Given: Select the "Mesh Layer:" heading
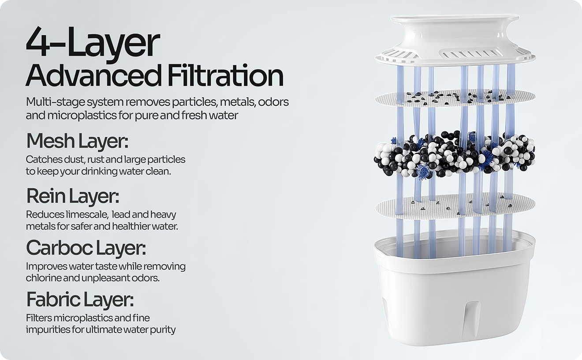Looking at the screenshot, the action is pyautogui.click(x=77, y=141).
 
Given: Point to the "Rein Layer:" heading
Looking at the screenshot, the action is pyautogui.click(x=72, y=196).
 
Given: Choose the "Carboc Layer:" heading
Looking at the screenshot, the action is pyautogui.click(x=86, y=248).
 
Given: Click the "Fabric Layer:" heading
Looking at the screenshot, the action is pyautogui.click(x=80, y=300).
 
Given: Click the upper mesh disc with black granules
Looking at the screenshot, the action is pyautogui.click(x=455, y=98).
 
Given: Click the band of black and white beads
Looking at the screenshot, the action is pyautogui.click(x=454, y=155).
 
